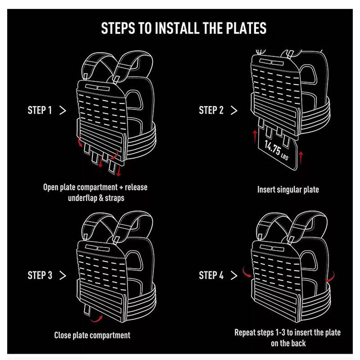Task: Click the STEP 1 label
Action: [40, 110]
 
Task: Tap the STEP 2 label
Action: [211, 110]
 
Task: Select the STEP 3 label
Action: [40, 275]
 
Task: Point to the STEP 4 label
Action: [211, 275]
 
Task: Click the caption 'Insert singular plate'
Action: [288, 189]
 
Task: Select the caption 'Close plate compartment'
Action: [92, 335]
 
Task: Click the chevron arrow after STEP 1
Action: [63, 110]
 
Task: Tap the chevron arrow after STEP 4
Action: [234, 275]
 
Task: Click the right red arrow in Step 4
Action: [330, 275]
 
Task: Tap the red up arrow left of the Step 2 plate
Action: [254, 135]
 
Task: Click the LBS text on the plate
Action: [285, 157]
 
